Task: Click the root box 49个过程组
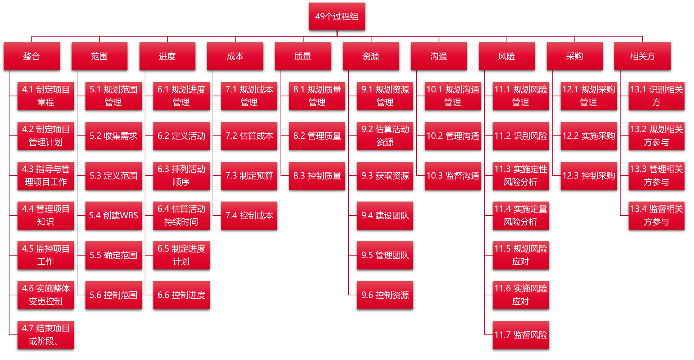337,16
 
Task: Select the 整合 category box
31,56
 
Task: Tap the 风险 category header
507,56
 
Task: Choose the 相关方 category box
642,56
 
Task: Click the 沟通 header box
439,56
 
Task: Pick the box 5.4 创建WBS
113,215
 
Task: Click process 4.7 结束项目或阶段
45,335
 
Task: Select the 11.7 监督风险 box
520,335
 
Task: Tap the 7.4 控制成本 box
249,215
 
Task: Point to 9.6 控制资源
385,295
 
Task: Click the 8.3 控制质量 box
317,176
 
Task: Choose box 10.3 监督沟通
453,176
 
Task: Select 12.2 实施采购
588,136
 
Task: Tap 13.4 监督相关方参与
656,215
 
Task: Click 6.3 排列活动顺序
181,176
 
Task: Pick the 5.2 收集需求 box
113,136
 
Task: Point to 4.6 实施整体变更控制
45,295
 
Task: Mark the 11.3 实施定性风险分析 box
520,176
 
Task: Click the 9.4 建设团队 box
385,215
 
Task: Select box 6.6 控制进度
181,295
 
